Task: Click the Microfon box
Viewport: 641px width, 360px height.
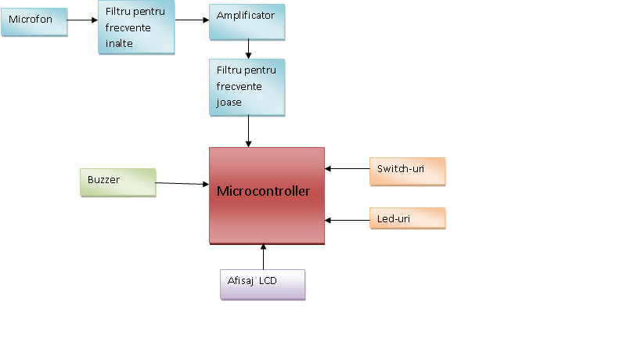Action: coord(34,22)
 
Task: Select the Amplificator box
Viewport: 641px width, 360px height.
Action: coord(247,22)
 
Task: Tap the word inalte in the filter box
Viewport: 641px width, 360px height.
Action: coord(119,43)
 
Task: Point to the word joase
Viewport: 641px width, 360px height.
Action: coord(229,103)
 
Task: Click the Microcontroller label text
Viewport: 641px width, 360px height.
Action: coord(263,191)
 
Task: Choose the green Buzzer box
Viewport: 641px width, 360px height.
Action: coord(117,182)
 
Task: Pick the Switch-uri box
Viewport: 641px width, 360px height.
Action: coord(407,171)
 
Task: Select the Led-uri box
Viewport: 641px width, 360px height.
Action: coord(407,218)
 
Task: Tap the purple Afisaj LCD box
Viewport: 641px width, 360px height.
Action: coord(262,285)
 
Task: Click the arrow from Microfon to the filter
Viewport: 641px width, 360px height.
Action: coord(82,20)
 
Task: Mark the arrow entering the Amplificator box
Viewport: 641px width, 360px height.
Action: coord(192,20)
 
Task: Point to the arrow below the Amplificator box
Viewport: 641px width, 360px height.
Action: coord(249,49)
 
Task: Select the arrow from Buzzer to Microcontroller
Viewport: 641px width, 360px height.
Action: coord(182,183)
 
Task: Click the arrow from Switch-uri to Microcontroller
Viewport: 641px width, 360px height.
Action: coord(347,168)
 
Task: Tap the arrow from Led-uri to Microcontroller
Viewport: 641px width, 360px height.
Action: coord(347,220)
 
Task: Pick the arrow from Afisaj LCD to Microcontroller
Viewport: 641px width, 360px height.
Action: coord(263,257)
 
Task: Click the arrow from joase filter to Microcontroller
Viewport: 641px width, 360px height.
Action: coord(249,131)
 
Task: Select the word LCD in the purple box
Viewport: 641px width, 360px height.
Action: coord(268,281)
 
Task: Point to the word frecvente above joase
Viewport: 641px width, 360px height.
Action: coord(239,86)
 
